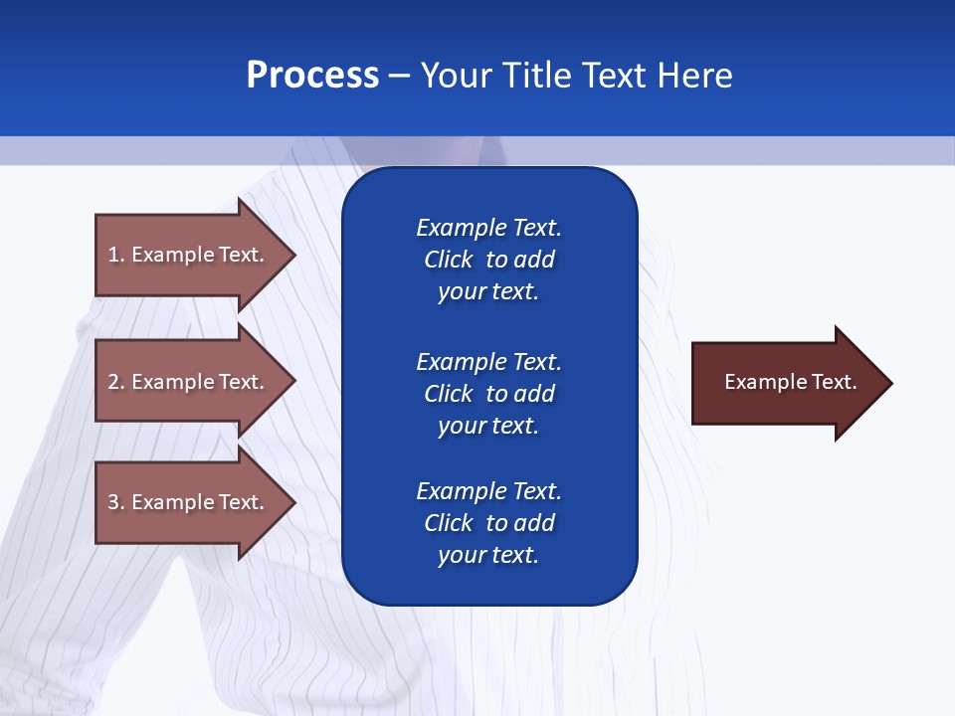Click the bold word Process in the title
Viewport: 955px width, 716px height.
[x=312, y=76]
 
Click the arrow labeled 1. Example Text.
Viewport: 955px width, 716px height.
[x=189, y=255]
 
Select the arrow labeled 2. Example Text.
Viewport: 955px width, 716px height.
[x=189, y=382]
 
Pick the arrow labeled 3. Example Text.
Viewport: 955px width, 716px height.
[x=189, y=502]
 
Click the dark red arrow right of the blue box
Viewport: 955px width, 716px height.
[x=786, y=383]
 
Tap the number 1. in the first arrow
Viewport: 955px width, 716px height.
[x=116, y=255]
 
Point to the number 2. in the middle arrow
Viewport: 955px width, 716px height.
[x=116, y=382]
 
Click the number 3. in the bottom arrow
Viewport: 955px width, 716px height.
[x=116, y=502]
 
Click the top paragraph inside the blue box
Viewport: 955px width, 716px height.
[x=488, y=260]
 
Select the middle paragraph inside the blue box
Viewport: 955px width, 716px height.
[x=488, y=394]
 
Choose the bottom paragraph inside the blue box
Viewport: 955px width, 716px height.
[x=488, y=523]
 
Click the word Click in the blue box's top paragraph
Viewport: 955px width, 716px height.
[x=448, y=260]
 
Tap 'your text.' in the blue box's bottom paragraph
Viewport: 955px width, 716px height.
[x=488, y=555]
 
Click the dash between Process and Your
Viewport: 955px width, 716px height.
[x=400, y=76]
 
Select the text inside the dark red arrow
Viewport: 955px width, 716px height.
[x=790, y=382]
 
